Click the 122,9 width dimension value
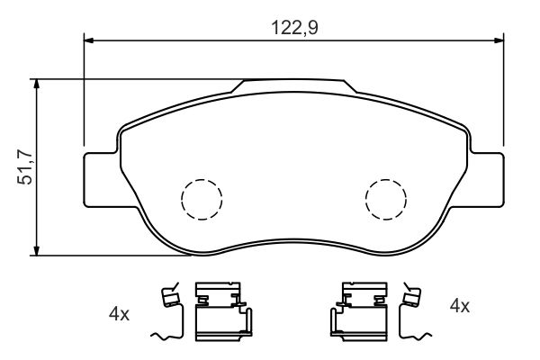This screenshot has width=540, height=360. [294, 28]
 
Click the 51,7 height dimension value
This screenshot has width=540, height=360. [25, 167]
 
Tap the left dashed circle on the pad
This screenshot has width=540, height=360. [202, 200]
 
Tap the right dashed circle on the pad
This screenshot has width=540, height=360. [386, 200]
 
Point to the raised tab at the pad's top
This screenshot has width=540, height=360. [293, 86]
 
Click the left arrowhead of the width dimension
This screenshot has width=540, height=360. [89, 40]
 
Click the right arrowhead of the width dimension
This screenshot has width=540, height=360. [499, 40]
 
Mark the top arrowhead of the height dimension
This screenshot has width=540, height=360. [36, 84]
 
